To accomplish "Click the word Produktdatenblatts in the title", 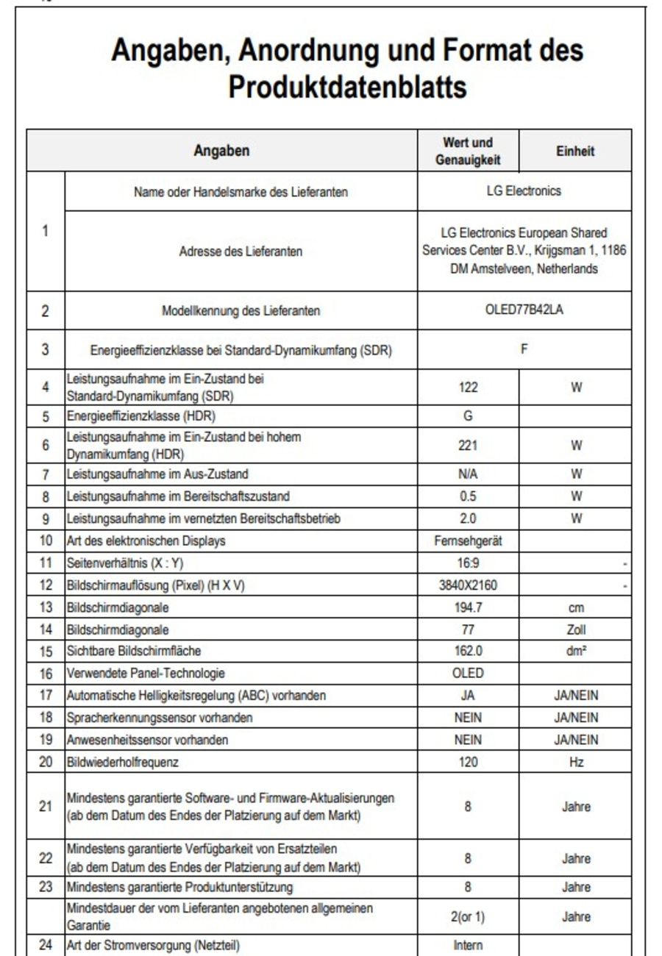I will coord(347,87).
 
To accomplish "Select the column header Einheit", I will coord(575,151).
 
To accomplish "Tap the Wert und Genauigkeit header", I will coord(468,151).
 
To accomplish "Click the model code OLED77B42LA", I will coord(524,310).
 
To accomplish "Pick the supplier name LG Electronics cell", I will coord(524,191).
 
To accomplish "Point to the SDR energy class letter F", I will coord(524,349).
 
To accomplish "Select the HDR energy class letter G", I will coord(468,415).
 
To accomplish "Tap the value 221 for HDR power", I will coord(468,445).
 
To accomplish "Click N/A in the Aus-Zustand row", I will coord(468,474).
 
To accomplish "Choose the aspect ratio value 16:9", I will coord(468,563).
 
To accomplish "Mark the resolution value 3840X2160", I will coord(468,586).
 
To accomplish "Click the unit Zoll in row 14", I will coord(576,629).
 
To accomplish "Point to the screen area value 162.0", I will coord(468,651).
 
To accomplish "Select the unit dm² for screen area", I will coord(576,651).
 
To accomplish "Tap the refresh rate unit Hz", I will coord(576,763).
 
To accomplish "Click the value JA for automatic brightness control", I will coord(468,695).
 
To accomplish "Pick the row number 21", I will coord(46,806).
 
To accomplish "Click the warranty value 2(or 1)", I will coord(468,917).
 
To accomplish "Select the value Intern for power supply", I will coord(468,946).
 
